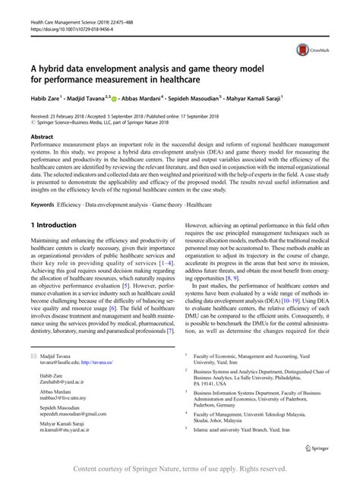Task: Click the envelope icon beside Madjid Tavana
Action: tap(33, 356)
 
